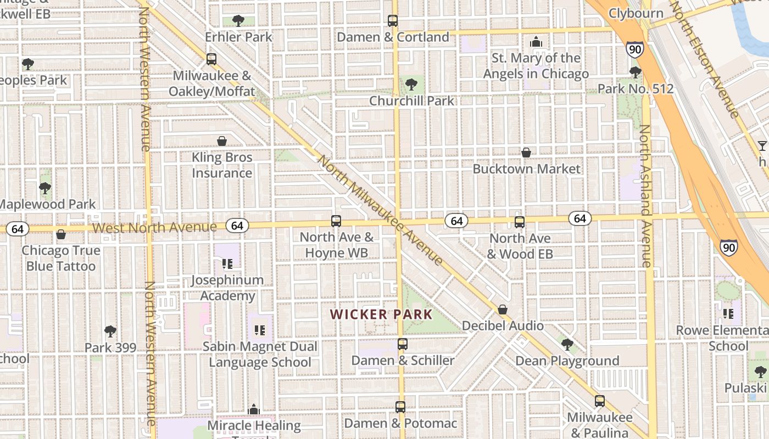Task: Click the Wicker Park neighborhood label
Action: pyautogui.click(x=381, y=314)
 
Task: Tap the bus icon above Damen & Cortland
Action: pyautogui.click(x=393, y=21)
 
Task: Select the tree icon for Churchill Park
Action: pyautogui.click(x=411, y=85)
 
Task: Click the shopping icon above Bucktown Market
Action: pyautogui.click(x=526, y=152)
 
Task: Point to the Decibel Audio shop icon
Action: pyautogui.click(x=503, y=309)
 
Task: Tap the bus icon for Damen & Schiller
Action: pyautogui.click(x=403, y=344)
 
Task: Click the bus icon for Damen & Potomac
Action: pyautogui.click(x=400, y=407)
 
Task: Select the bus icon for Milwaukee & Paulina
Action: pyautogui.click(x=599, y=401)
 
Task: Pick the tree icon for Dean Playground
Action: pyautogui.click(x=567, y=345)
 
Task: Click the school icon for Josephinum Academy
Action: pyautogui.click(x=227, y=264)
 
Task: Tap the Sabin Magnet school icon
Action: pyautogui.click(x=260, y=330)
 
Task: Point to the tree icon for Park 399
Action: pyautogui.click(x=110, y=331)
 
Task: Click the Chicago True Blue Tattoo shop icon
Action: pyautogui.click(x=61, y=234)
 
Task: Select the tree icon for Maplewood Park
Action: pyautogui.click(x=45, y=188)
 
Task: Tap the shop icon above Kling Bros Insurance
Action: pyautogui.click(x=222, y=141)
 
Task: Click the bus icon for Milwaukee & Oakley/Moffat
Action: pyautogui.click(x=211, y=59)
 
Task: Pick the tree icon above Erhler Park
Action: pyautogui.click(x=238, y=21)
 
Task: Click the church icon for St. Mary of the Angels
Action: pyautogui.click(x=536, y=42)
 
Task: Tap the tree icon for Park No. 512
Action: pyautogui.click(x=636, y=72)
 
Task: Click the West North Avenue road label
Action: pyautogui.click(x=155, y=227)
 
